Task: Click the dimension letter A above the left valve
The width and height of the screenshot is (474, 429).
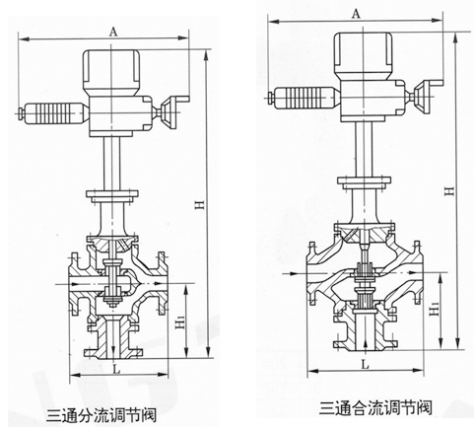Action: (112, 32)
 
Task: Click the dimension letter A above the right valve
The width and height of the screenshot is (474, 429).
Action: (356, 14)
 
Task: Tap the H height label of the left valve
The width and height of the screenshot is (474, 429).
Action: (201, 204)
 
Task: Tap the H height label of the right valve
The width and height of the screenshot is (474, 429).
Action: (449, 191)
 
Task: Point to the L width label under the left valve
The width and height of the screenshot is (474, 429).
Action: (116, 369)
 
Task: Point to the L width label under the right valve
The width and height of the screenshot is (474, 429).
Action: (365, 364)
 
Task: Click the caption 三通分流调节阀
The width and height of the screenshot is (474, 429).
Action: (102, 415)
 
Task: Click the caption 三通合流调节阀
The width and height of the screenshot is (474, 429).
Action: (375, 408)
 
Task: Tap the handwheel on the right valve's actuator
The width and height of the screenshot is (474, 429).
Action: (426, 96)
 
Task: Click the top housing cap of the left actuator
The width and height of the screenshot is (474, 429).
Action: (111, 72)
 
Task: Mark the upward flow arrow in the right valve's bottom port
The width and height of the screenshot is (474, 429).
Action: (366, 345)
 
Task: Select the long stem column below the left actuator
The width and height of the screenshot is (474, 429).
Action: (111, 164)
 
